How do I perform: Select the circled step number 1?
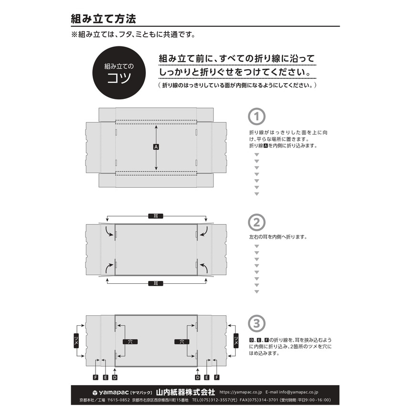[257, 117]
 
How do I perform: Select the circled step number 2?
[257, 222]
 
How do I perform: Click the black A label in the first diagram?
[156, 147]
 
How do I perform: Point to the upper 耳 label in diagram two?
[156, 216]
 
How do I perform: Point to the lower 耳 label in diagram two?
[156, 283]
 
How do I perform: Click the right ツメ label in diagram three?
[236, 340]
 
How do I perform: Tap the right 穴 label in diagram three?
[182, 342]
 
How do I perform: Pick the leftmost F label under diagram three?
[96, 377]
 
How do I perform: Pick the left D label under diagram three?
[115, 377]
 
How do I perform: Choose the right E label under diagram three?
[207, 377]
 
